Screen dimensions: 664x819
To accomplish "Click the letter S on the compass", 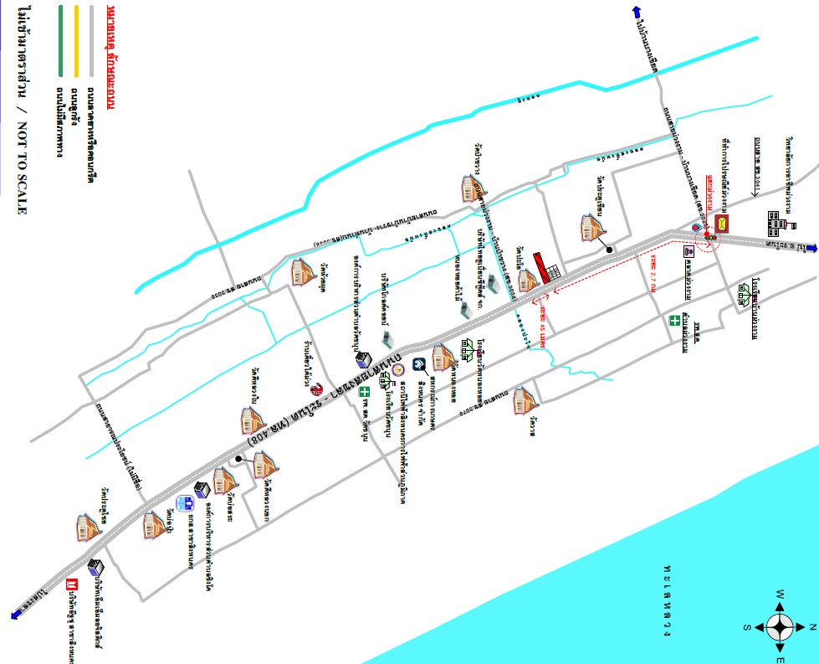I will pos(746,626).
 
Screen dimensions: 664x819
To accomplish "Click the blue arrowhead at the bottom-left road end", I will pos(16,615).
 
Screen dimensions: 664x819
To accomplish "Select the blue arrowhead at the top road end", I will pos(637,11).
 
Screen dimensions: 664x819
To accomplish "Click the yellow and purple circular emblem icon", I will pos(397,368).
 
